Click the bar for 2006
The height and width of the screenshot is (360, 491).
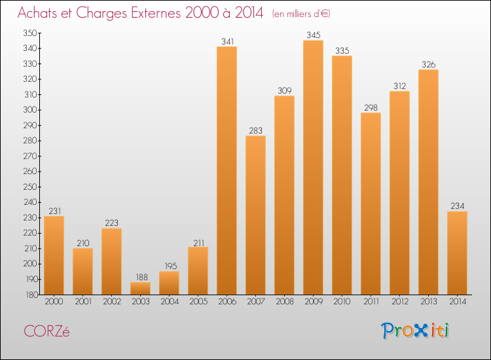(x=227, y=170)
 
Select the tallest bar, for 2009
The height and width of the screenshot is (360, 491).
(x=313, y=167)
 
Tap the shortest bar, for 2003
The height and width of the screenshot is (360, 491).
(x=140, y=288)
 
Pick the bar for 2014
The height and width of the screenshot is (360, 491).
(x=457, y=253)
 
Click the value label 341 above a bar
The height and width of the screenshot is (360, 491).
(x=227, y=42)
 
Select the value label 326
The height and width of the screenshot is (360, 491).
(x=428, y=65)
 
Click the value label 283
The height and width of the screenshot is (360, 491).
(x=255, y=131)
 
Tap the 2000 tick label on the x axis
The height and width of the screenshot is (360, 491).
(x=54, y=302)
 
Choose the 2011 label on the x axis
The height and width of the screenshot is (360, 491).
(x=371, y=302)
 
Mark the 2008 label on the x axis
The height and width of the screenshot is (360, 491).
(x=284, y=302)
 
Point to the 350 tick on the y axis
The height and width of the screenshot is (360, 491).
(x=31, y=33)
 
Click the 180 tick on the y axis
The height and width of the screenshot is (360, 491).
(x=31, y=295)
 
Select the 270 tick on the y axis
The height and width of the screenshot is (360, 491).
(x=31, y=156)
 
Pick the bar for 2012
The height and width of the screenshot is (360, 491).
(x=399, y=192)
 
